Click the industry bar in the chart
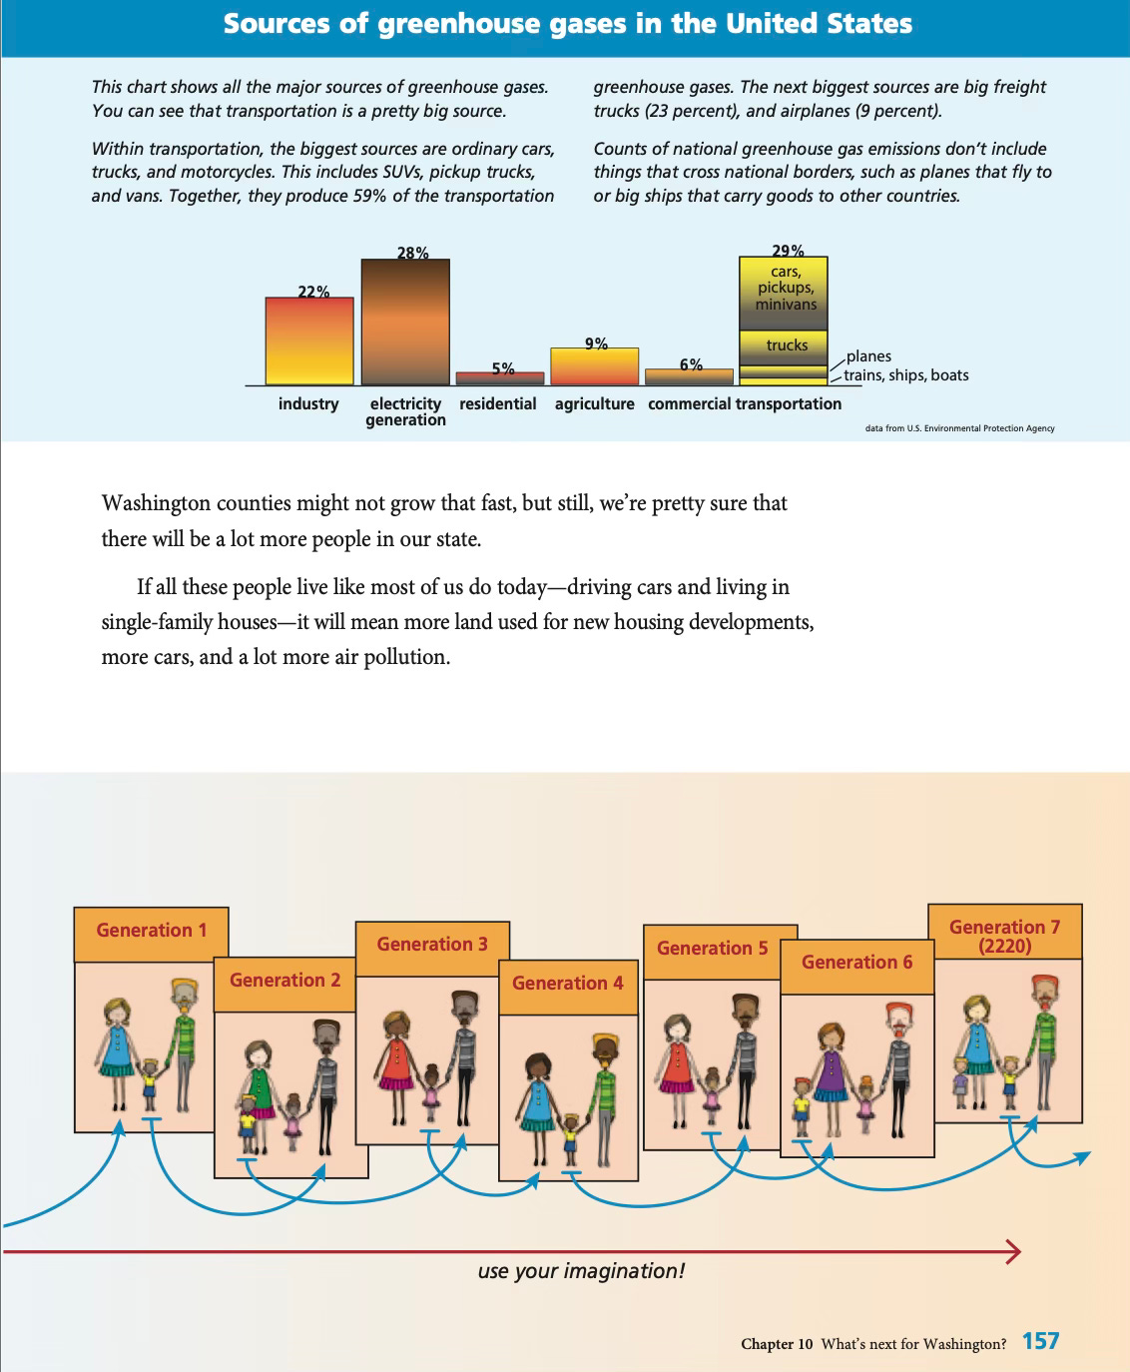click(309, 342)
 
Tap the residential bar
click(500, 378)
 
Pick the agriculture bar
click(595, 366)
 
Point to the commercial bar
click(690, 377)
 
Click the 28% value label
click(412, 253)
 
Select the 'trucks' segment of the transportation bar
click(784, 344)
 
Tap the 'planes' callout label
click(868, 356)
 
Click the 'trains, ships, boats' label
click(906, 375)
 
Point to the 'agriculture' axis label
click(595, 403)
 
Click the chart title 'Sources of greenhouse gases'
click(567, 24)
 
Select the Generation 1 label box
click(152, 931)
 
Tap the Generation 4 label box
click(568, 984)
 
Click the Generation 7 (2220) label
click(1004, 936)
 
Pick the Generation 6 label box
click(856, 963)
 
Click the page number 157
click(1040, 1341)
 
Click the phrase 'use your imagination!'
click(581, 1271)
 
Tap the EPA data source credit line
click(959, 428)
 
